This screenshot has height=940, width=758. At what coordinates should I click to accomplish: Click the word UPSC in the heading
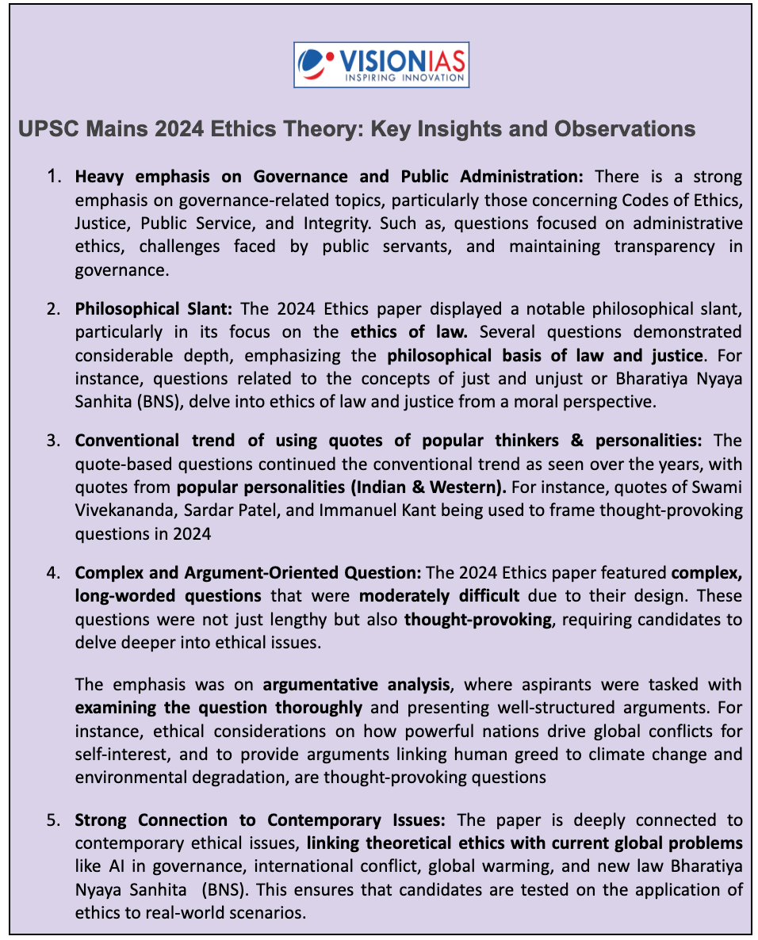(x=46, y=129)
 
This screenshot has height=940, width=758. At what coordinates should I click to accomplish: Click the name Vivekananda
(x=124, y=510)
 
